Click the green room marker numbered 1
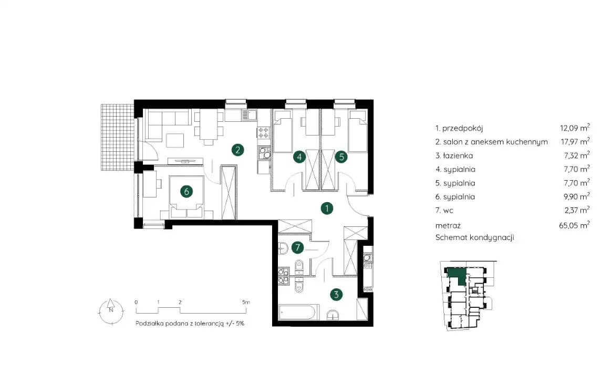click(327, 209)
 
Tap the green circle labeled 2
click(237, 150)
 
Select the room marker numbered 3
click(336, 295)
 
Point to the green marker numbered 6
click(186, 192)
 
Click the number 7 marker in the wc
click(297, 247)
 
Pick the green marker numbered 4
click(299, 157)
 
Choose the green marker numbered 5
click(341, 157)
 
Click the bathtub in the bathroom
click(299, 312)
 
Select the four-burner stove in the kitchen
click(264, 133)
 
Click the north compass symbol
click(111, 311)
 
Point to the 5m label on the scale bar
click(246, 303)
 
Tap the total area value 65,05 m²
click(574, 225)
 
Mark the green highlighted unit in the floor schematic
click(456, 276)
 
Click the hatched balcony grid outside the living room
click(118, 137)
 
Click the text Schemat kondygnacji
click(474, 237)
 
